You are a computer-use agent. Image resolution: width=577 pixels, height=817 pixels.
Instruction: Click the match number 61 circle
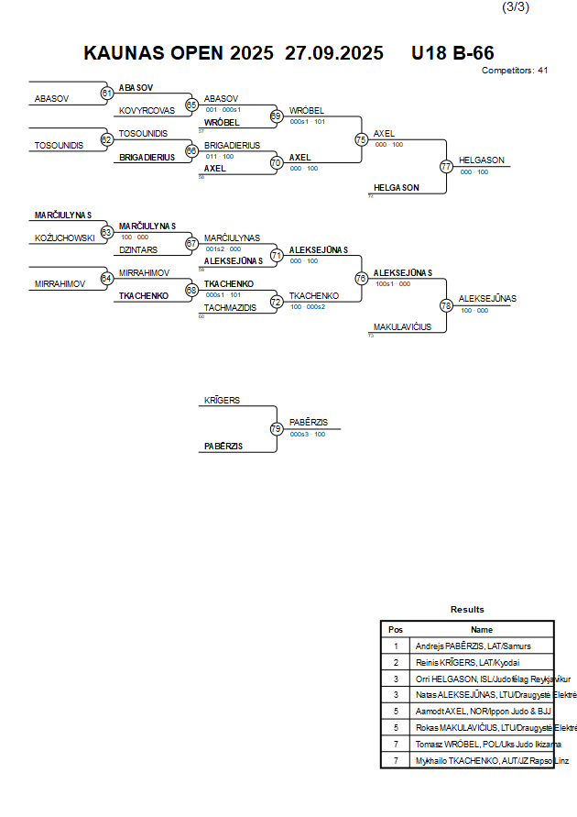[107, 93]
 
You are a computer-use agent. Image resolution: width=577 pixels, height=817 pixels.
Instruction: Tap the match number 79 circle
[277, 428]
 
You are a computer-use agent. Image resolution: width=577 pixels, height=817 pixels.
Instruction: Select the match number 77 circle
[446, 167]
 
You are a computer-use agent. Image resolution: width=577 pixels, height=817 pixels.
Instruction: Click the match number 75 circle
[362, 139]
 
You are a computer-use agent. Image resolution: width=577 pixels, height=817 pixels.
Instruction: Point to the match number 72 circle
[277, 302]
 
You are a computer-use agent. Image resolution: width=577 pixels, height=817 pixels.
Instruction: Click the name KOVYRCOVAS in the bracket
[147, 111]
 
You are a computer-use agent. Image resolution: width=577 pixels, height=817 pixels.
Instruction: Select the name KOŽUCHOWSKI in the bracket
[64, 238]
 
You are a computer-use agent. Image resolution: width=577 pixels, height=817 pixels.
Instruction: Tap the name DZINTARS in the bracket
[138, 249]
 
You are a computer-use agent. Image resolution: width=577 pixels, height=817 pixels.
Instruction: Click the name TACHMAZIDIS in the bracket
[229, 308]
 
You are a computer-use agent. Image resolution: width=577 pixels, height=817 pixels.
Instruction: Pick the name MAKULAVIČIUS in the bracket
[402, 326]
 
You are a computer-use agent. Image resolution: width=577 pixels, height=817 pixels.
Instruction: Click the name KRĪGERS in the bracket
[222, 401]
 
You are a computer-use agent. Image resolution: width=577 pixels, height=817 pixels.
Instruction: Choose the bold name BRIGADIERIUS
[147, 157]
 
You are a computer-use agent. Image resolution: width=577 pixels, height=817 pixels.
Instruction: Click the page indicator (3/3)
[516, 7]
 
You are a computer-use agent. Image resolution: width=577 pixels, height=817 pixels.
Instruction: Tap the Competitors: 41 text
[514, 71]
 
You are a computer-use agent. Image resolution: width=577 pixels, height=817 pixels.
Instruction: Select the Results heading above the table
[467, 610]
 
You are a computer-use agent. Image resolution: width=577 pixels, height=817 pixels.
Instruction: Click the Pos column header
[396, 630]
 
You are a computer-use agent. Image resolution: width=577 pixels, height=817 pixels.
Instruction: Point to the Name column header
[482, 630]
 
